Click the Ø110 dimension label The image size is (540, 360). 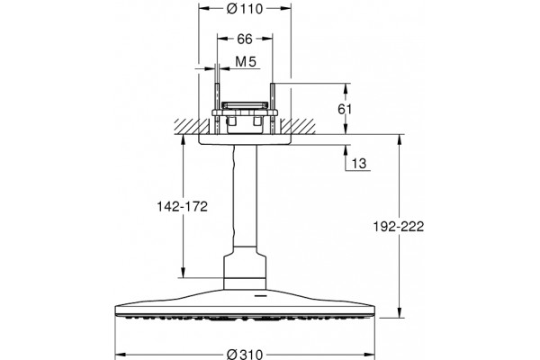(x=245, y=9)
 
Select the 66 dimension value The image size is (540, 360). (x=245, y=39)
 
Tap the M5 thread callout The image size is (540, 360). (x=246, y=62)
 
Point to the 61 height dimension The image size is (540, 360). (x=345, y=109)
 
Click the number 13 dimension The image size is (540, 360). (x=359, y=163)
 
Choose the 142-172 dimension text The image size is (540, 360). (x=182, y=207)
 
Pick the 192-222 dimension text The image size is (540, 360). (x=399, y=227)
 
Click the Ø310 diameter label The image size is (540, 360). (x=245, y=354)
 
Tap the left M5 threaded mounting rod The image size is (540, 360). (x=217, y=108)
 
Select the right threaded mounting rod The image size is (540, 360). (x=273, y=108)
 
